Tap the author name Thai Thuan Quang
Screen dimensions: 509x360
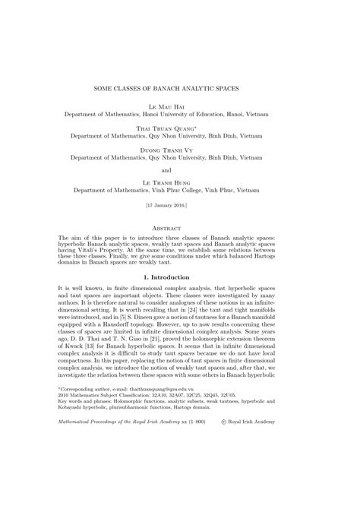tap(178, 129)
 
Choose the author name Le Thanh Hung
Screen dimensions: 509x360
tap(180, 182)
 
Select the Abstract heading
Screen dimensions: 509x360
tap(180, 227)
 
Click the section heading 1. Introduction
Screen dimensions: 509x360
tap(180, 278)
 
